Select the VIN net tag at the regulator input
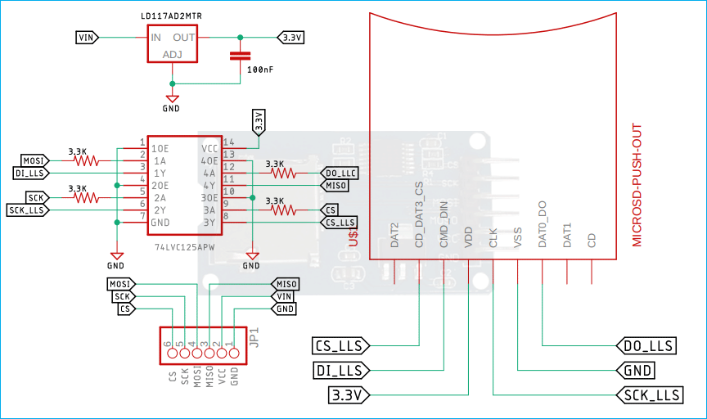pos(87,38)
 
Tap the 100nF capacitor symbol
pos(239,56)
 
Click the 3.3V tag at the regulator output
pos(290,38)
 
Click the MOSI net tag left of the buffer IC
pos(34,160)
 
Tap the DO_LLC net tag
pos(339,173)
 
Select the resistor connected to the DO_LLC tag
pos(282,173)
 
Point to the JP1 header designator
pos(254,336)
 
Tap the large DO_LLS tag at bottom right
pos(647,346)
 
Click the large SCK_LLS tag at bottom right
pos(648,395)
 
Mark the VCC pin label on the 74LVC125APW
pos(209,149)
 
